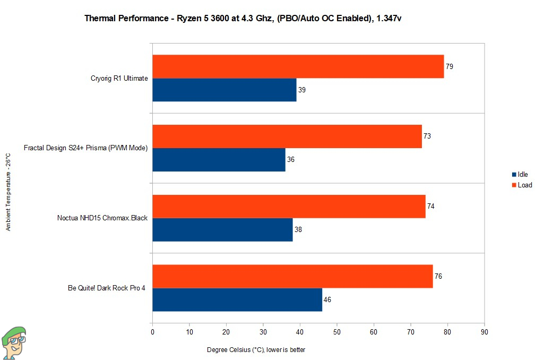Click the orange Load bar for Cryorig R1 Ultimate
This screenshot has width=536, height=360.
click(x=298, y=66)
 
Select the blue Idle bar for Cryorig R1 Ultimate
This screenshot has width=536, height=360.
click(x=224, y=90)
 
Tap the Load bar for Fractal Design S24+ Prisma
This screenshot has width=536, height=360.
click(x=287, y=136)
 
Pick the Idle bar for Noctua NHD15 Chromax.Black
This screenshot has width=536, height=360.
click(x=222, y=229)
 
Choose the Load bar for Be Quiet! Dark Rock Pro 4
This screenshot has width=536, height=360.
click(x=292, y=276)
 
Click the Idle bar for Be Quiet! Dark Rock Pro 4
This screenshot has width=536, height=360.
click(x=237, y=299)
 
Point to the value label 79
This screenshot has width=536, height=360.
click(x=449, y=67)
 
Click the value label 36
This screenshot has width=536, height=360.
click(x=291, y=160)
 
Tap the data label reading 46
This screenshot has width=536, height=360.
click(x=327, y=300)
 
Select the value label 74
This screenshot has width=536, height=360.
click(x=431, y=207)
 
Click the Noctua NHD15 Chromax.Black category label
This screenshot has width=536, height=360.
click(x=102, y=218)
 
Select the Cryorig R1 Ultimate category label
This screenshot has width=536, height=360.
click(x=119, y=79)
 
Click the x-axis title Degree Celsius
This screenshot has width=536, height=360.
click(x=256, y=349)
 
